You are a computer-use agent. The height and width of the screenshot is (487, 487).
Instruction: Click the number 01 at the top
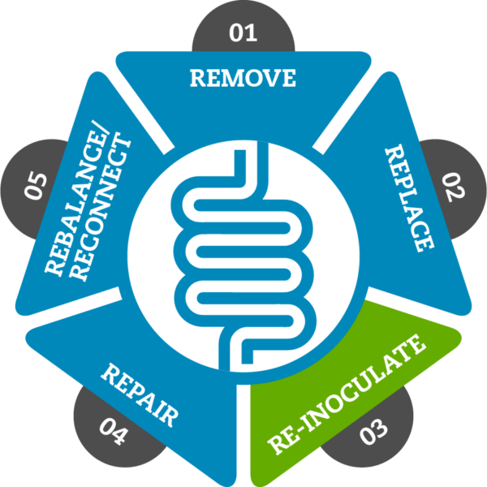pyautogui.click(x=243, y=32)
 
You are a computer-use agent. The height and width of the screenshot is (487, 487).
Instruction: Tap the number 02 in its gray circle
pyautogui.click(x=454, y=187)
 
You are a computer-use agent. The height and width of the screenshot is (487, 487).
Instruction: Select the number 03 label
pyautogui.click(x=373, y=432)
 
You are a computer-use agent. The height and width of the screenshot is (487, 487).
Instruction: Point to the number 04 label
pyautogui.click(x=113, y=432)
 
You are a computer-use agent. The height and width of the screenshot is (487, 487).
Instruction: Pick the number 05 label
pyautogui.click(x=36, y=186)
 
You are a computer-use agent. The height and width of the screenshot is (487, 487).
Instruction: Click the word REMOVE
pyautogui.click(x=243, y=78)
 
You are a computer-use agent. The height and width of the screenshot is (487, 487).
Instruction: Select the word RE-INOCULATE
pyautogui.click(x=347, y=394)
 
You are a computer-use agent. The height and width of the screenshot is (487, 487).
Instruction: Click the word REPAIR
pyautogui.click(x=140, y=395)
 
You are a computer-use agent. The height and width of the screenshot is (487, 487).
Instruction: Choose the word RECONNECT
pyautogui.click(x=100, y=206)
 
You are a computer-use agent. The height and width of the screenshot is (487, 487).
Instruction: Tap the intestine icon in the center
pyautogui.click(x=243, y=256)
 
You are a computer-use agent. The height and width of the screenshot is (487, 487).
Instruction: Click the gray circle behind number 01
pyautogui.click(x=243, y=27)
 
